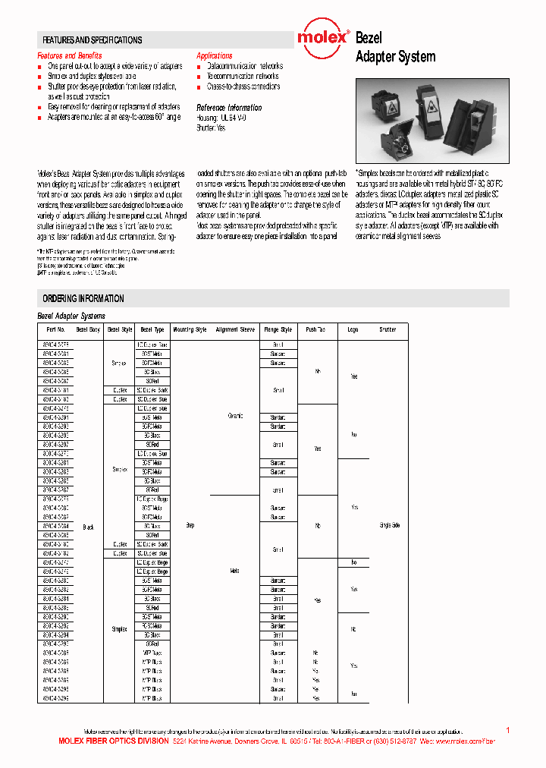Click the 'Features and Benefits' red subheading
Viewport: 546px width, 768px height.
[70, 56]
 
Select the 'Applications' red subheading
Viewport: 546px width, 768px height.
[215, 56]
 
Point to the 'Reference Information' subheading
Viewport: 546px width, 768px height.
[229, 108]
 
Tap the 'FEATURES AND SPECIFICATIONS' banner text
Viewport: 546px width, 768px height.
[92, 40]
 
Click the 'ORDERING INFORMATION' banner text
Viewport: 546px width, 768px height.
[83, 298]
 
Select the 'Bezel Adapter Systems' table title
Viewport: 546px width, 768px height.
[71, 316]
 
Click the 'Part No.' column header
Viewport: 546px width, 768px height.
[55, 330]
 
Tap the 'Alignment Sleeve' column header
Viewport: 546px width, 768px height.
[235, 330]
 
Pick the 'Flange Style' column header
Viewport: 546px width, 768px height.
[278, 330]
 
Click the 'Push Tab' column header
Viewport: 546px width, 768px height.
[315, 330]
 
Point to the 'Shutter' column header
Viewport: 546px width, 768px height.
[388, 330]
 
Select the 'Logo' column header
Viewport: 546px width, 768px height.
[353, 330]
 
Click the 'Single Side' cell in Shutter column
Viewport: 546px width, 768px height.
[388, 524]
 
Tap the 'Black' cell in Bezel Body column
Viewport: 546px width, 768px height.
[88, 526]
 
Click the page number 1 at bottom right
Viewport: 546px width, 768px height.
[507, 729]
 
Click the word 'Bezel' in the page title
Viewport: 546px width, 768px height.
[369, 38]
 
